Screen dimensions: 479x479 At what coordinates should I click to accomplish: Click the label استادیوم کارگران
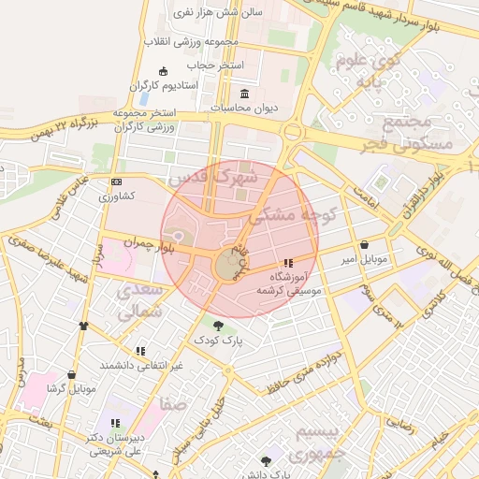[164, 86]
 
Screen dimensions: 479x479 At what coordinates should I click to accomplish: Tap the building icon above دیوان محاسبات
[245, 94]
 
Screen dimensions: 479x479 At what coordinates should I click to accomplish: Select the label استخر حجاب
[214, 65]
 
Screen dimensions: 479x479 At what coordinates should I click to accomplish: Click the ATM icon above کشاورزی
[116, 181]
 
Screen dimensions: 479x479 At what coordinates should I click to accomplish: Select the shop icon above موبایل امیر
[363, 245]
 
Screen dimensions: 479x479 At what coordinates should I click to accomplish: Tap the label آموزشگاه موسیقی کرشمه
[295, 284]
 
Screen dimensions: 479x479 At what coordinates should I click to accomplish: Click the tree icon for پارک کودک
[218, 327]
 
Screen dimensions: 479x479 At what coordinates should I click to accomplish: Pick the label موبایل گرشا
[71, 387]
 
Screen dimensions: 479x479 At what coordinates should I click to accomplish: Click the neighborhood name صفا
[174, 405]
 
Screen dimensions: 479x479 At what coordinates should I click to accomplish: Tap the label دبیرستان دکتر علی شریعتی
[114, 443]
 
